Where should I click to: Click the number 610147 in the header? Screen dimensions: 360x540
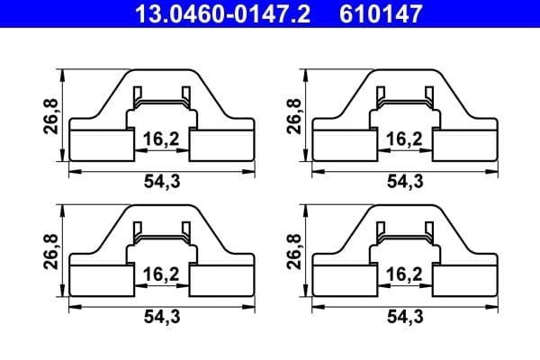coord(381,14)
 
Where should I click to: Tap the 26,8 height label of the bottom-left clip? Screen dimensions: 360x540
coord(51,252)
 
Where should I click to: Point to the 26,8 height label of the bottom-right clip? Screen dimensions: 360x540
coord(292,252)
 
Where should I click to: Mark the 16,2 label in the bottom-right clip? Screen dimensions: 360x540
coord(401,273)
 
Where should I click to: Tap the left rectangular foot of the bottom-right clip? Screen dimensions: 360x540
coord(341,281)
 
